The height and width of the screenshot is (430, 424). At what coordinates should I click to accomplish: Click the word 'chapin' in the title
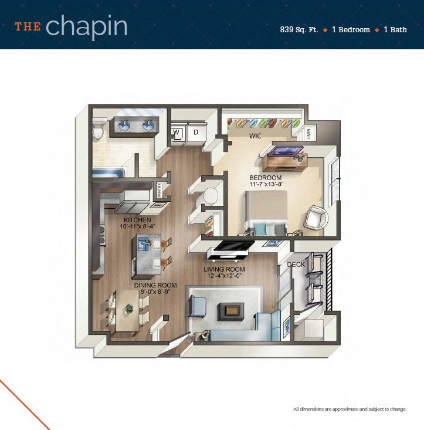[86, 27]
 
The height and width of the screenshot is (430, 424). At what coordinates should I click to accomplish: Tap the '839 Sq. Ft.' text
[299, 29]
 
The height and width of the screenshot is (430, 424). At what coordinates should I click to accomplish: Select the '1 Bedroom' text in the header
[351, 29]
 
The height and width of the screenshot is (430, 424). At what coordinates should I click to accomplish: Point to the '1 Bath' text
[396, 29]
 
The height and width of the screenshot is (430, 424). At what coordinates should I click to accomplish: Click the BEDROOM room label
[266, 178]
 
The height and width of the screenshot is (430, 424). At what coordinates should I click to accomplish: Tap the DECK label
[295, 265]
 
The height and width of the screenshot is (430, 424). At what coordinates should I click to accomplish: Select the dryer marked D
[196, 133]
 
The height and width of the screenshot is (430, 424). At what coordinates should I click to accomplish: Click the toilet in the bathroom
[99, 130]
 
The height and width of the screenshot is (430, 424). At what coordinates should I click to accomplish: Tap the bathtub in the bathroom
[107, 174]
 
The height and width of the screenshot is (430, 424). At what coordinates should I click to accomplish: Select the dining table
[127, 312]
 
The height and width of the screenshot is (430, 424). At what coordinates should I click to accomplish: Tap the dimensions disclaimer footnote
[350, 409]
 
